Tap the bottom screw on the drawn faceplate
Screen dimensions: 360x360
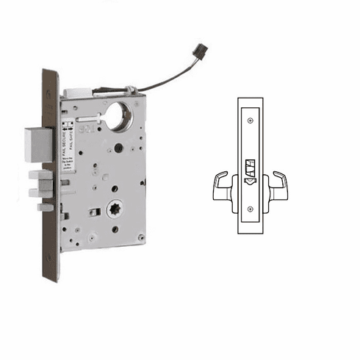251,209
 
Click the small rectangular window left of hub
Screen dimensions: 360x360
93,212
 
